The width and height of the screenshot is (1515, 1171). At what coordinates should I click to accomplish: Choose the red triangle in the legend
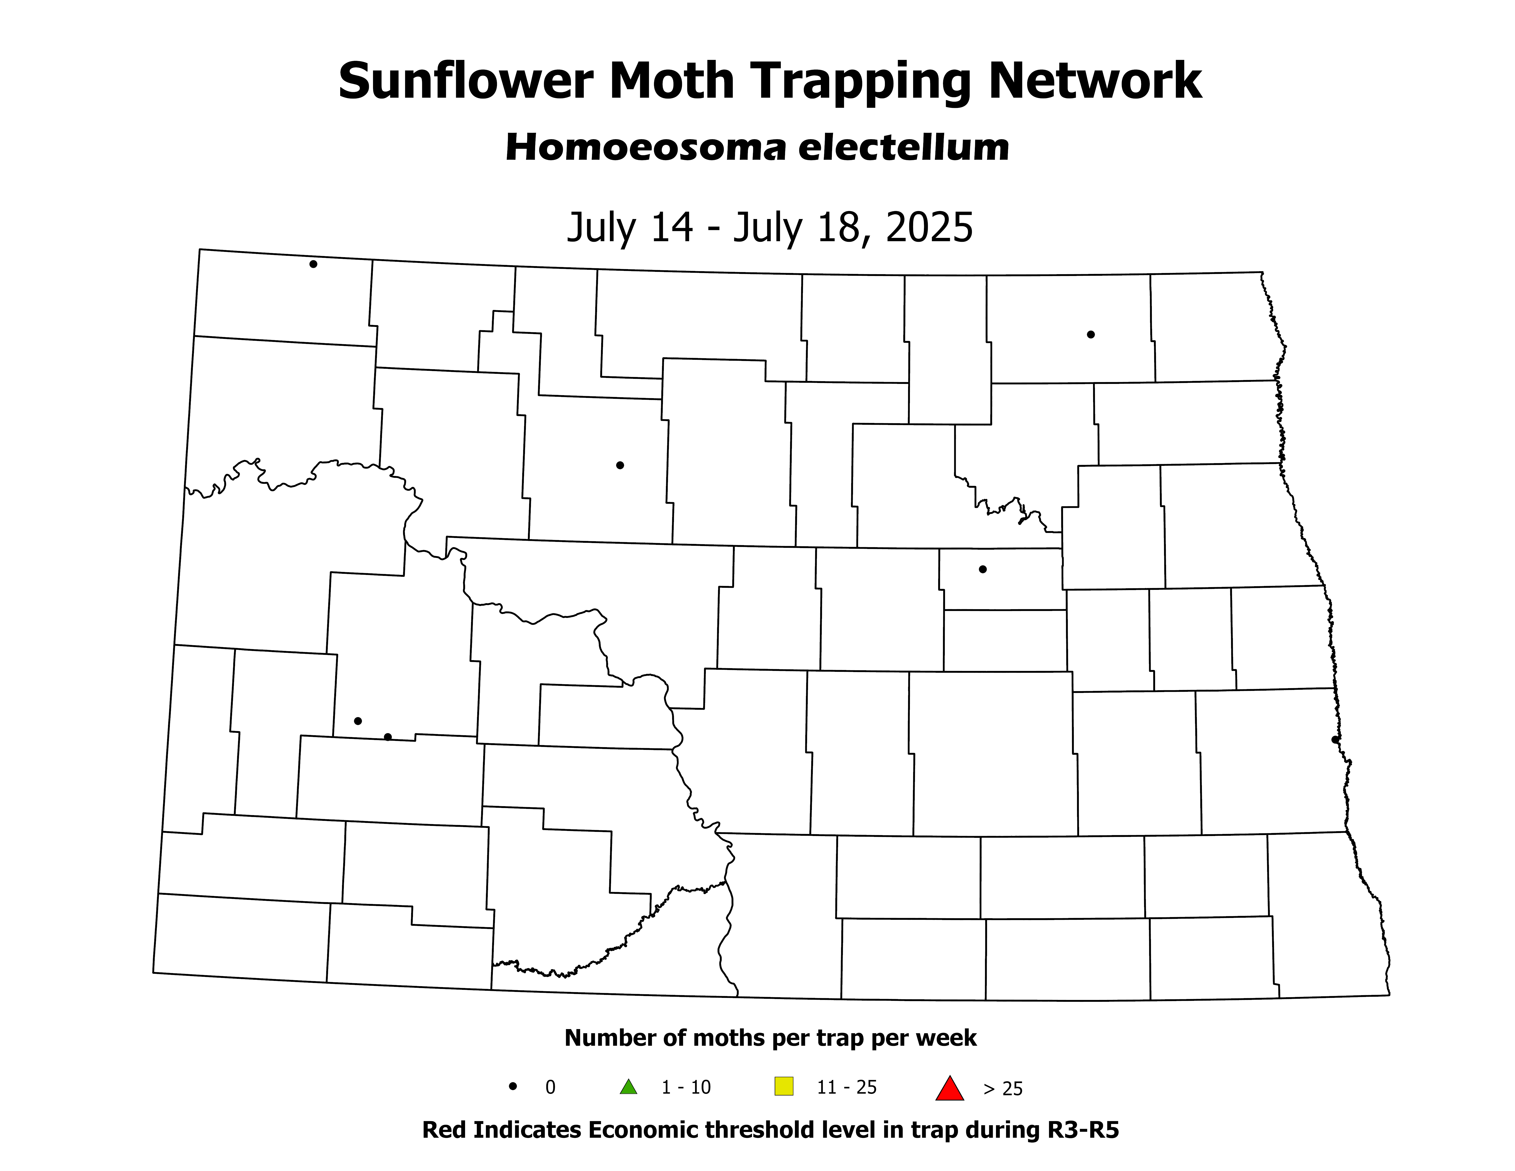coord(950,1088)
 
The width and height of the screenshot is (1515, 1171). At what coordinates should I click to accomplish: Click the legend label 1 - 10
coord(686,1088)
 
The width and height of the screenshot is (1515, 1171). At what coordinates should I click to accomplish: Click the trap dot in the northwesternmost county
coord(314,264)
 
